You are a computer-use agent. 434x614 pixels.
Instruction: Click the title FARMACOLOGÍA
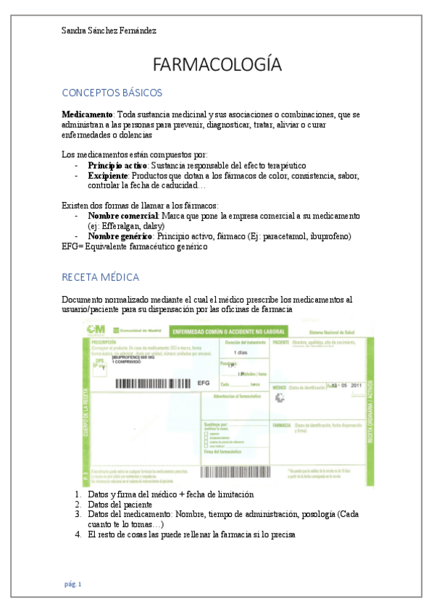coord(217,64)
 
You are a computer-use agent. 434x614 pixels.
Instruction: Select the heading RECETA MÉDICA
coord(100,277)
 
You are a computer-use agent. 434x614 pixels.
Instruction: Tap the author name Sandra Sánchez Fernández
coord(109,30)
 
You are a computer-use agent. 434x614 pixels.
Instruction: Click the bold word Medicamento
coord(87,115)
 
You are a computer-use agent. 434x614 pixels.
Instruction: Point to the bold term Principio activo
coord(117,165)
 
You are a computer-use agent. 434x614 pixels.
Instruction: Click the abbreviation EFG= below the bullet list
coord(72,246)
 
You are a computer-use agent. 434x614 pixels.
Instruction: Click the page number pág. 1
coord(72,584)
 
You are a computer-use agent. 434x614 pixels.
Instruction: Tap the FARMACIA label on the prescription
coord(281,426)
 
